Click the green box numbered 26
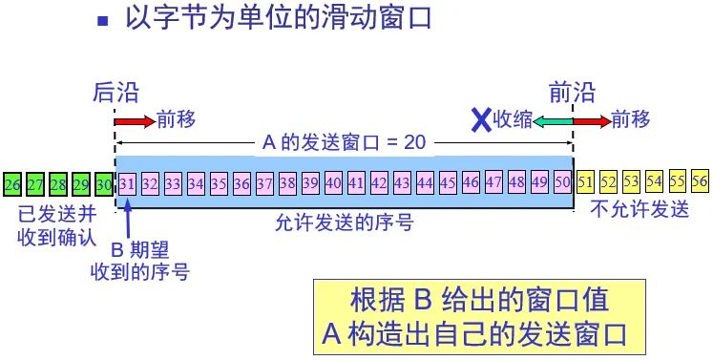point(12,184)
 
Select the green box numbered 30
point(104,184)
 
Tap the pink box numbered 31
point(127,184)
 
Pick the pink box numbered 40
point(333,183)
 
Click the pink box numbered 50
point(562,183)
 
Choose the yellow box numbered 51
point(585,182)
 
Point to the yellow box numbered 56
point(700,181)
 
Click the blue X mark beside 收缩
point(481,120)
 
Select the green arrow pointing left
point(553,121)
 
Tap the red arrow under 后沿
point(135,121)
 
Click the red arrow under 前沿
point(593,121)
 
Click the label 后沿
point(115,93)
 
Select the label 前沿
point(572,93)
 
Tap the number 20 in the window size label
point(414,142)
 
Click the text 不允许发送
point(640,209)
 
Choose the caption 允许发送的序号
point(345,223)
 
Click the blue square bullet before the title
point(103,21)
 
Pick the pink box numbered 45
point(448,183)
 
